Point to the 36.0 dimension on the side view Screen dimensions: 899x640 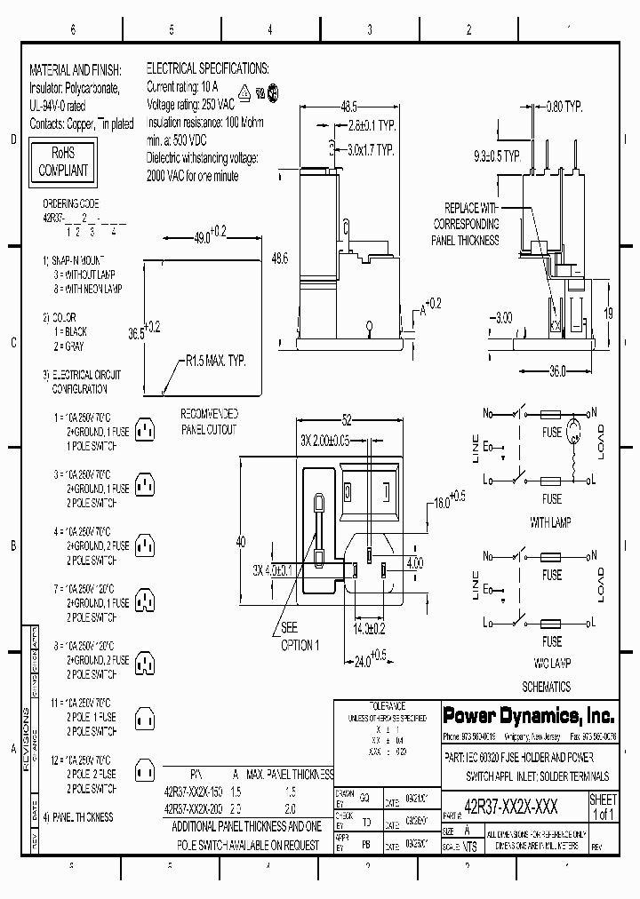tap(557, 372)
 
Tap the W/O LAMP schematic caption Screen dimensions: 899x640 tap(552, 663)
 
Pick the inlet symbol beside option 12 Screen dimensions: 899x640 tap(143, 768)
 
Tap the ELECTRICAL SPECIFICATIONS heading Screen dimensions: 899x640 tap(207, 68)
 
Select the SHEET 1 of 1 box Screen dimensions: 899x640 tap(602, 807)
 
